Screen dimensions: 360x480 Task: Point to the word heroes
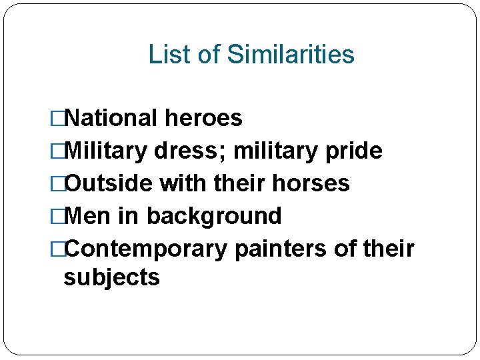pyautogui.click(x=203, y=119)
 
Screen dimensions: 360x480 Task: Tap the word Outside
pyautogui.click(x=107, y=183)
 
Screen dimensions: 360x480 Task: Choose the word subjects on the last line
pyautogui.click(x=111, y=277)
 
